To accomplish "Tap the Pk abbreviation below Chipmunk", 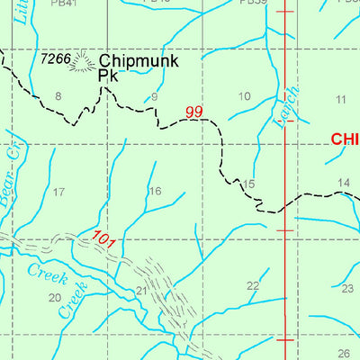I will (x=108, y=76).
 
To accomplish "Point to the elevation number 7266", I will (x=55, y=58).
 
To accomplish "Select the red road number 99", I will (x=194, y=112).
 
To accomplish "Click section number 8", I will (x=58, y=95).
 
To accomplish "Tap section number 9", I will (x=155, y=96).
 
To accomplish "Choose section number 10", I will (x=244, y=96).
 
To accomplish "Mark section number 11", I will (x=340, y=98).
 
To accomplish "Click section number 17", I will (x=59, y=192).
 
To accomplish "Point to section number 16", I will (x=155, y=191).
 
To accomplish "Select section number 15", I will (x=249, y=184).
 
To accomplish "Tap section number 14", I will (x=344, y=184).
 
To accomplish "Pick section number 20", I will (x=54, y=297).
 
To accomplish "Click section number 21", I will (x=141, y=291).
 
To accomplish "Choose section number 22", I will (x=253, y=286).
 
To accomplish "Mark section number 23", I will (x=347, y=289).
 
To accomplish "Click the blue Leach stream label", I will (x=281, y=108).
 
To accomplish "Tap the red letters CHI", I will (x=345, y=139).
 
